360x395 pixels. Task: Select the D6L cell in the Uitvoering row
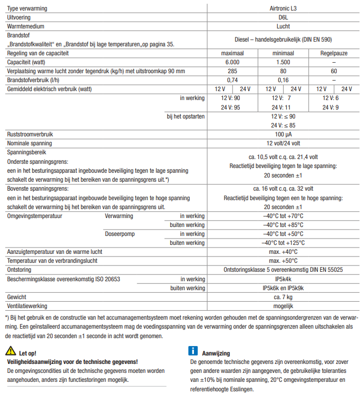coord(283,17)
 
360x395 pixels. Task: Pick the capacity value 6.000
coord(232,62)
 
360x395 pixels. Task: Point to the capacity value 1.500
coord(283,62)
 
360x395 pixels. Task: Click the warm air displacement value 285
coord(232,71)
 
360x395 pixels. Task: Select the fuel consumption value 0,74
coord(232,80)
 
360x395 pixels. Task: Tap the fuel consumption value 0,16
coord(283,80)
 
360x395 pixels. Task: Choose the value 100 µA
coord(283,134)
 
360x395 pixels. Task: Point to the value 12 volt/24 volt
coord(283,143)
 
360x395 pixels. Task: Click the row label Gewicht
coord(16,297)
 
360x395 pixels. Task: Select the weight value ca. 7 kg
coord(283,297)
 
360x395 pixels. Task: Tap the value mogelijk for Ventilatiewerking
coord(283,306)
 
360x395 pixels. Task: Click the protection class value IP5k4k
coord(283,279)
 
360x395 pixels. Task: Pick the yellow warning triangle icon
coord(11,351)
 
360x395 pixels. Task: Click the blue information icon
coord(193,351)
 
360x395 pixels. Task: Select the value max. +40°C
coord(283,252)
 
